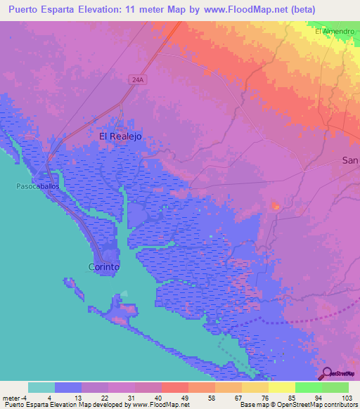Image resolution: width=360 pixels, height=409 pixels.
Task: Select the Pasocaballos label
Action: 36,187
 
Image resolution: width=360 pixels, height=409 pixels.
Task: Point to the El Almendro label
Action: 335,32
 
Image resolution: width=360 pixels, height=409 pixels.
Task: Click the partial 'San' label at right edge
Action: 350,160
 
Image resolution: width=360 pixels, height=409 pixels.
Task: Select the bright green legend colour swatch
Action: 308,387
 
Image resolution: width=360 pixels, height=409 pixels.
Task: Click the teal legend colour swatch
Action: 41,387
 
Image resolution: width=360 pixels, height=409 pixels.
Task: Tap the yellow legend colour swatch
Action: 281,387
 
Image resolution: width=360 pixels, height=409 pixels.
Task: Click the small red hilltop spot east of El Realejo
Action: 276,207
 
